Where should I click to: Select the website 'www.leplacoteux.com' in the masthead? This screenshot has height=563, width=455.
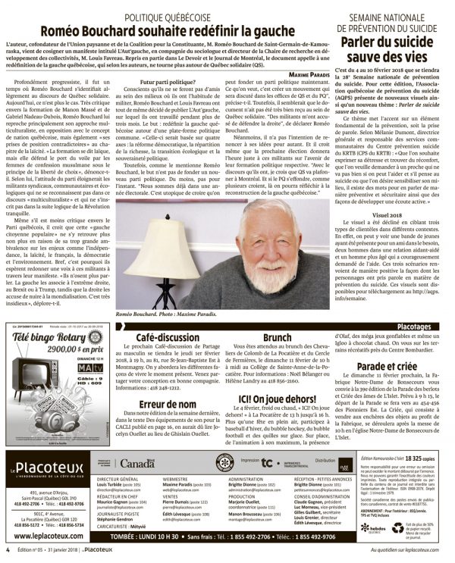(x=47, y=527)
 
